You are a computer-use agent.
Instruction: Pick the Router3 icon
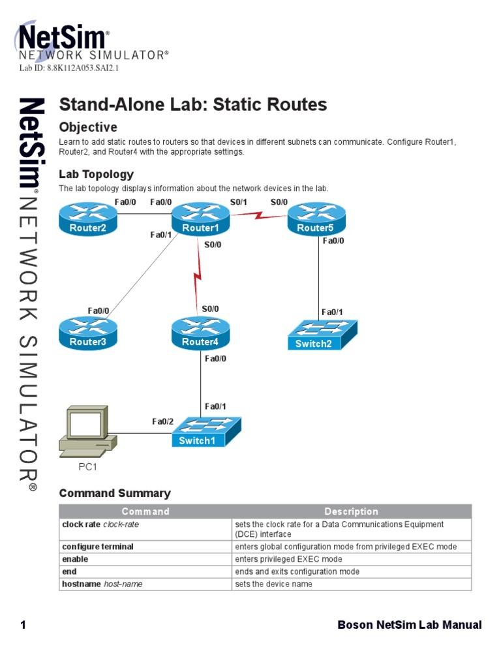(88, 333)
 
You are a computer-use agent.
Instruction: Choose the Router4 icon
(200, 333)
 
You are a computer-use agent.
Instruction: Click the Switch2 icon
(323, 335)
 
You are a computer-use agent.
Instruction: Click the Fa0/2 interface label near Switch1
(163, 421)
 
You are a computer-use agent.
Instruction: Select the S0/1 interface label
(239, 202)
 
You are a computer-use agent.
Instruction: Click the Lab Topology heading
(96, 174)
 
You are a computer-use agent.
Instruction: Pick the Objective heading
(88, 127)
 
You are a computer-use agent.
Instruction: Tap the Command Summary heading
(115, 493)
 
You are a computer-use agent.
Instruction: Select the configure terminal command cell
(98, 547)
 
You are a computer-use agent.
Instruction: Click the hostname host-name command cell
(102, 584)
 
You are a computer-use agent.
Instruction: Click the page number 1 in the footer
(23, 625)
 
